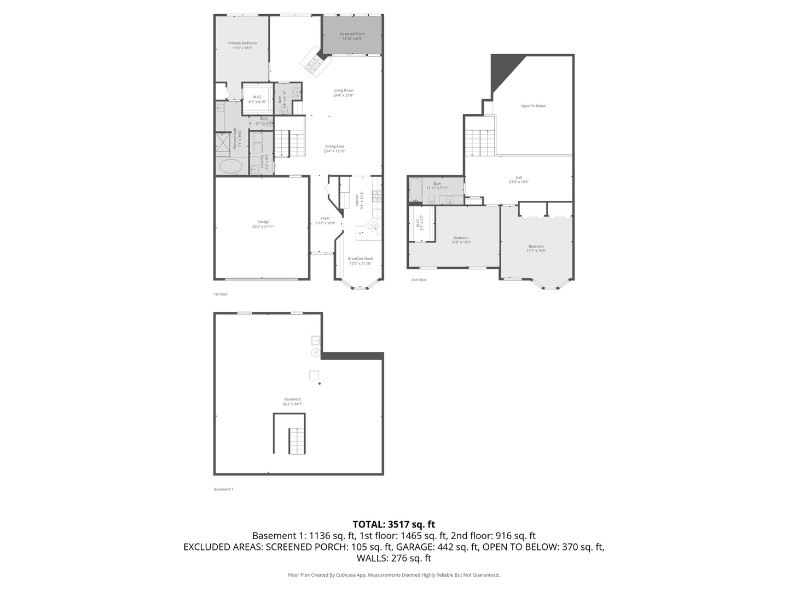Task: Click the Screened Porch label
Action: pos(352,34)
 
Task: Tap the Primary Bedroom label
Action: pos(242,43)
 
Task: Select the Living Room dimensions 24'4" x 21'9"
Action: pos(343,95)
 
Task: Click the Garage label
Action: pos(263,222)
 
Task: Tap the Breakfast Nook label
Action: pos(361,258)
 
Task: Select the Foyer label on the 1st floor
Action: pos(325,218)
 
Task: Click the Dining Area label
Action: pos(334,146)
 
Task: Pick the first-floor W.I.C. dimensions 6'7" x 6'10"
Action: pos(257,102)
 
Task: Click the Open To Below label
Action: pos(533,106)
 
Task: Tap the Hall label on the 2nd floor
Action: pos(519,177)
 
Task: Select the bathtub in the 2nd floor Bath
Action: pos(416,191)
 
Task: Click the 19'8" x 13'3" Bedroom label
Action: pos(461,238)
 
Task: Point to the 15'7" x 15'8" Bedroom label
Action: pos(536,246)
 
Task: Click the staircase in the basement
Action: pos(297,441)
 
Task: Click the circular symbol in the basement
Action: pos(316,353)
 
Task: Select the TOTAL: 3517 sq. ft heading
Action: pos(394,524)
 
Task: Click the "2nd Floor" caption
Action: pos(419,280)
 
